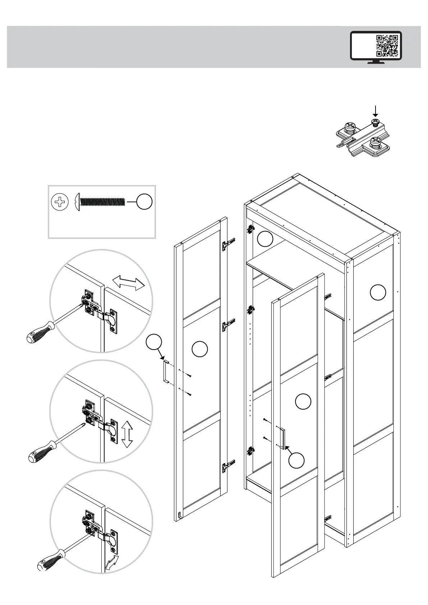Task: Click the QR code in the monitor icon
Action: point(387,46)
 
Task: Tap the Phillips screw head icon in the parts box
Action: point(60,202)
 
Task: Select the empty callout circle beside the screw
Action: point(144,202)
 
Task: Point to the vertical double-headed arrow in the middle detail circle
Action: point(126,434)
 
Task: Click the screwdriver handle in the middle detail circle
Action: point(41,451)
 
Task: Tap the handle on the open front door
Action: point(282,439)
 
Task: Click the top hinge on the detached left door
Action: point(228,245)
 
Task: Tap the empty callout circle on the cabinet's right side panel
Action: point(378,292)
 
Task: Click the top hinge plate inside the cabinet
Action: point(250,229)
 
